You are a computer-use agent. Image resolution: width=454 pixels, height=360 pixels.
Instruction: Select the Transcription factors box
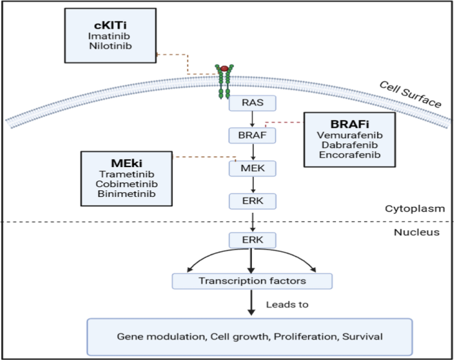(252, 281)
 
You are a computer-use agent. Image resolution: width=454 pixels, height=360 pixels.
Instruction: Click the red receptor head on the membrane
(225, 68)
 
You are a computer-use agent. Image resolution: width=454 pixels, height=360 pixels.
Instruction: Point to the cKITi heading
(111, 25)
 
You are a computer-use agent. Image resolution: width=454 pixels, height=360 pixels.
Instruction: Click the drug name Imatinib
(111, 36)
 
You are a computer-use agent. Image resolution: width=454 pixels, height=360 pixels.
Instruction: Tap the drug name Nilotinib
(111, 48)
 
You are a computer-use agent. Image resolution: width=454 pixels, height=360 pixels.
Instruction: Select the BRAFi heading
(349, 123)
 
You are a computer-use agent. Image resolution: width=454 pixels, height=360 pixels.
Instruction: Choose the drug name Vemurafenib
(349, 135)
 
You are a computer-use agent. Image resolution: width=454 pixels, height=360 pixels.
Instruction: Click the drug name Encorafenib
(349, 156)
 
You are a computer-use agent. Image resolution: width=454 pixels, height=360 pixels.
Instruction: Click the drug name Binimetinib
(126, 194)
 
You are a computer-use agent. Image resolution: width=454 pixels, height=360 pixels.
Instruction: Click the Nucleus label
(416, 233)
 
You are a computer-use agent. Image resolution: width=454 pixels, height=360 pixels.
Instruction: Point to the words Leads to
(286, 305)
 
